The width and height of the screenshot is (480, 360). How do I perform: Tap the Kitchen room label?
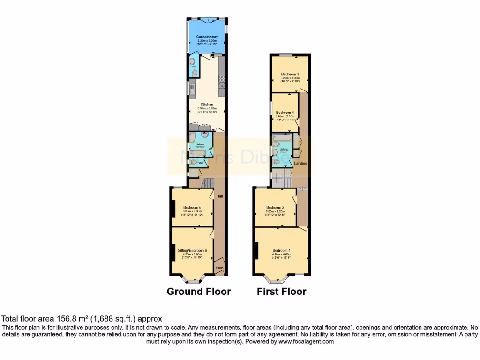(207, 105)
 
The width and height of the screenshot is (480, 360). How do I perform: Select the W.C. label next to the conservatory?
(193, 66)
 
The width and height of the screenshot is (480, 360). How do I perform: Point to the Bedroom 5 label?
(192, 208)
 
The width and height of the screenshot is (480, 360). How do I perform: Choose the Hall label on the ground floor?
(219, 196)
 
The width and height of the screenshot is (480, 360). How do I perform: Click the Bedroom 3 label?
(290, 74)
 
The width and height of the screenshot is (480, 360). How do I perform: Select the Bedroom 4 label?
(285, 112)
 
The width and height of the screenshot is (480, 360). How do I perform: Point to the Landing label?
(300, 163)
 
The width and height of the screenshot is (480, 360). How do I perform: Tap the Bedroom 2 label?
(276, 207)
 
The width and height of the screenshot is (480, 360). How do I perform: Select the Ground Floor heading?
(199, 292)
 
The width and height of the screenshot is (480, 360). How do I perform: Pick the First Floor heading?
(281, 292)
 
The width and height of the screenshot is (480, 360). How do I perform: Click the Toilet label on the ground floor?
(199, 163)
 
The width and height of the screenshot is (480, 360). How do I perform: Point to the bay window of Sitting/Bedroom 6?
(192, 279)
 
